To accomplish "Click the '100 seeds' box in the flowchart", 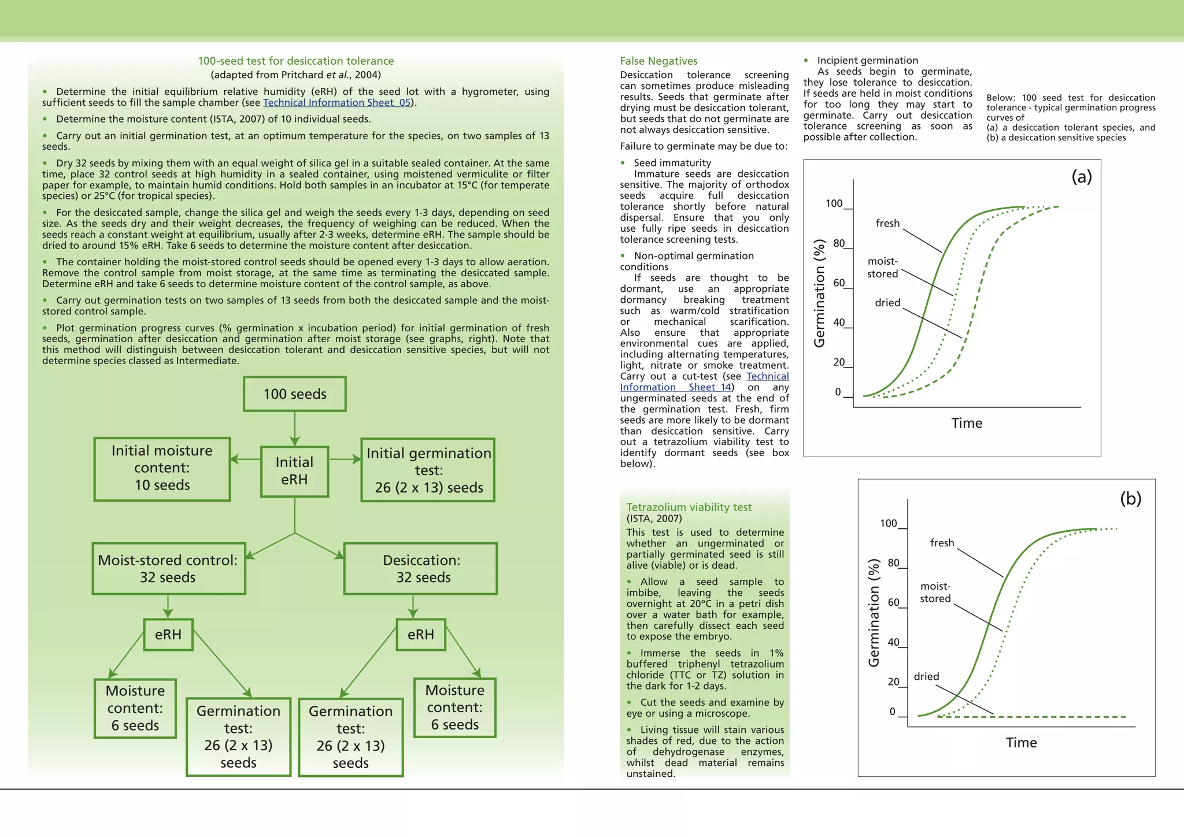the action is pyautogui.click(x=295, y=394).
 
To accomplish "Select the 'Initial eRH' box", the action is pyautogui.click(x=294, y=471).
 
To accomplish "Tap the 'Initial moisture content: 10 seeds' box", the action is pyautogui.click(x=162, y=468).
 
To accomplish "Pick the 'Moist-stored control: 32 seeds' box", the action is pyautogui.click(x=168, y=569).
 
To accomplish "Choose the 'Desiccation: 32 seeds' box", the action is pyautogui.click(x=421, y=569).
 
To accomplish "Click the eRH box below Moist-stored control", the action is pyautogui.click(x=168, y=635).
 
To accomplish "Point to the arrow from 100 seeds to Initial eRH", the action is pyautogui.click(x=295, y=429).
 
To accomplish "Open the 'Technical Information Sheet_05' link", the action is pyautogui.click(x=337, y=103).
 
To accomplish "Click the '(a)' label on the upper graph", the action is pyautogui.click(x=1081, y=176).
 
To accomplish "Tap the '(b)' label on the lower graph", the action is pyautogui.click(x=1130, y=498).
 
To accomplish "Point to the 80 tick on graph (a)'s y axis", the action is pyautogui.click(x=839, y=243).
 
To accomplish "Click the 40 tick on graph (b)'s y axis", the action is pyautogui.click(x=894, y=642).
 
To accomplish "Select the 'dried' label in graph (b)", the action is pyautogui.click(x=926, y=676).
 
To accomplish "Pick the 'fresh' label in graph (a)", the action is pyautogui.click(x=887, y=223).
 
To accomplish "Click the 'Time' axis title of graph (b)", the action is pyautogui.click(x=1021, y=743).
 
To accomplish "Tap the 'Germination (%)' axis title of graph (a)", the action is pyautogui.click(x=819, y=294).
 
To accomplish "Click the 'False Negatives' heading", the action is pyautogui.click(x=658, y=61).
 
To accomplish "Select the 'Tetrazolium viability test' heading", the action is pyautogui.click(x=689, y=508).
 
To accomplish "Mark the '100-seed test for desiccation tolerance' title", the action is pyautogui.click(x=295, y=61).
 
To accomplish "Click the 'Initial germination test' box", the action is pyautogui.click(x=428, y=471).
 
